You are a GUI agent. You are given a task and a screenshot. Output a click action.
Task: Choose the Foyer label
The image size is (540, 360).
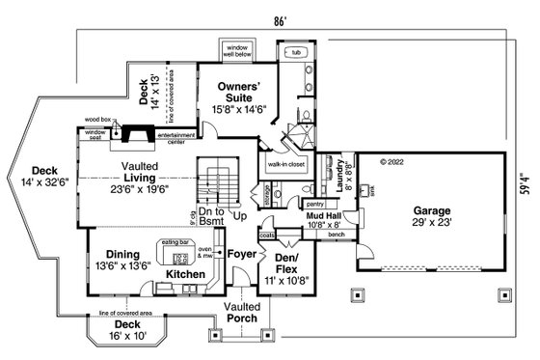click(242, 254)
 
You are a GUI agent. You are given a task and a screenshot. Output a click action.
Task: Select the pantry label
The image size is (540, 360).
click(313, 205)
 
